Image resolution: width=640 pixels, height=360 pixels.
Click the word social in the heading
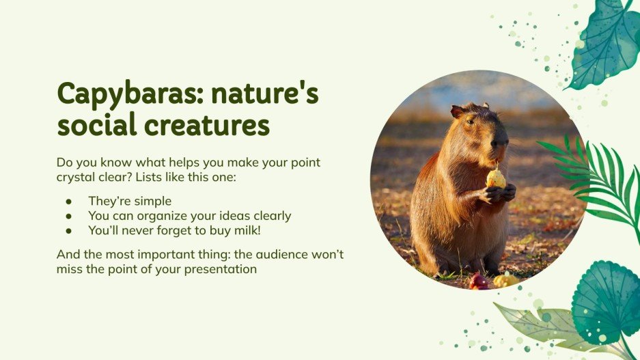pyautogui.click(x=95, y=126)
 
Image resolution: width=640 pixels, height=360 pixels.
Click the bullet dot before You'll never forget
pyautogui.click(x=68, y=231)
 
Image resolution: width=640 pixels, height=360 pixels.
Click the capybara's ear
pyautogui.click(x=457, y=111)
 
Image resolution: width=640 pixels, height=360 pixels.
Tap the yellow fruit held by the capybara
pyautogui.click(x=496, y=179)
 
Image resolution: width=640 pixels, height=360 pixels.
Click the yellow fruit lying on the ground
pyautogui.click(x=505, y=280)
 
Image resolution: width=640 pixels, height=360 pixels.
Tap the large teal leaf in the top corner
pyautogui.click(x=604, y=41)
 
